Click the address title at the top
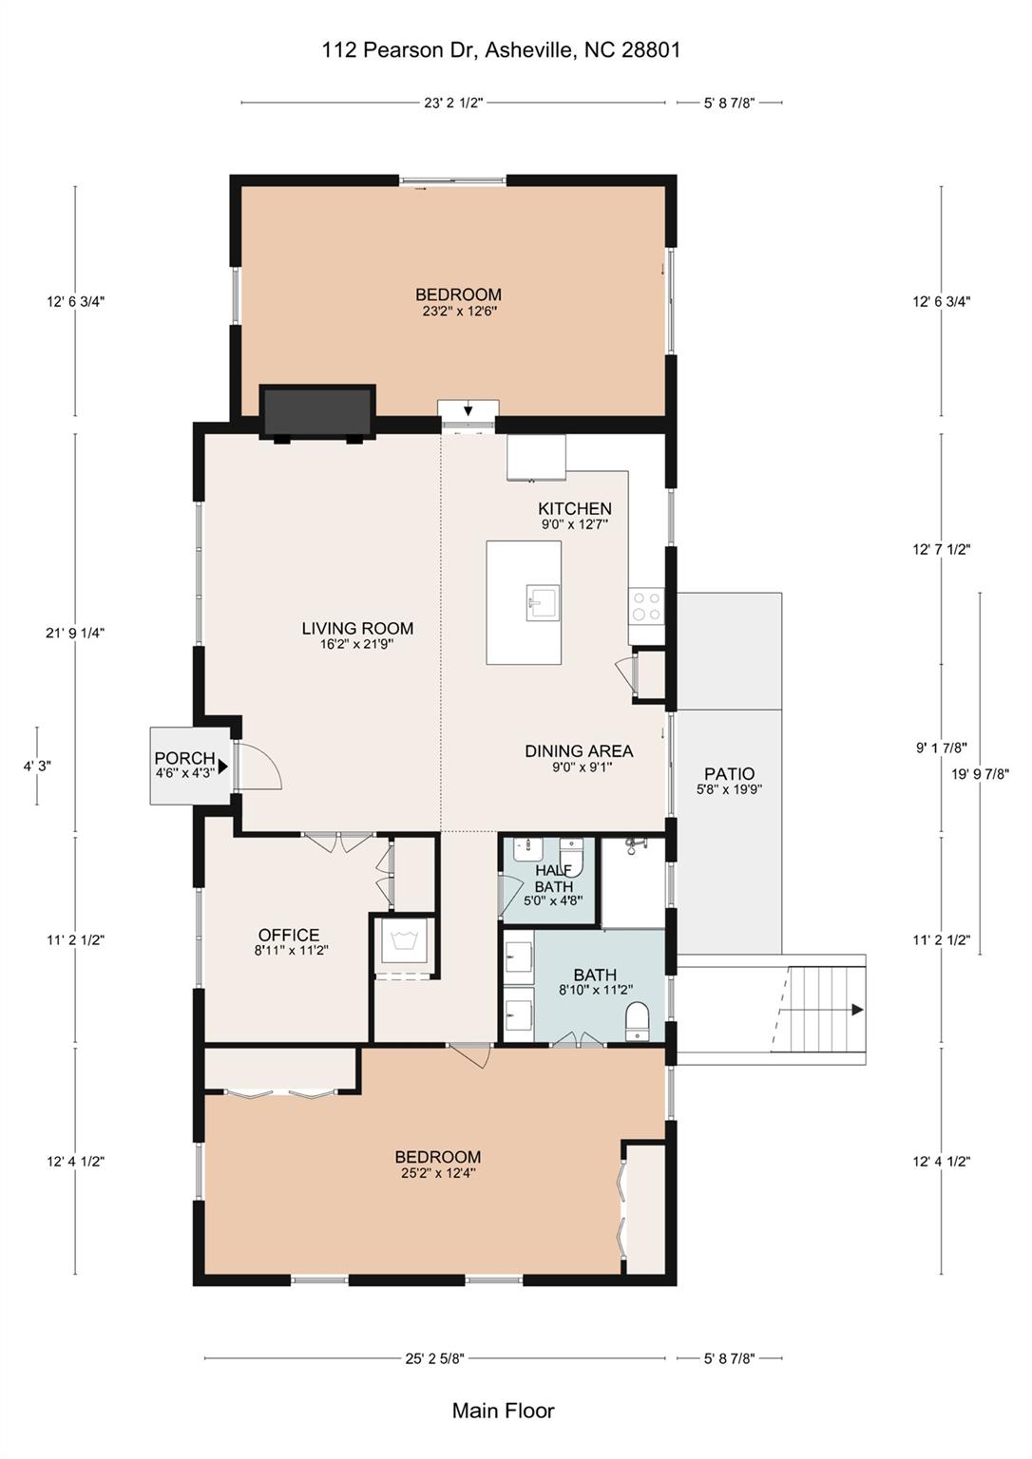pyautogui.click(x=501, y=50)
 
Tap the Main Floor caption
pyautogui.click(x=503, y=1411)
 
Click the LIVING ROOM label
pyautogui.click(x=357, y=628)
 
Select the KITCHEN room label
pyautogui.click(x=575, y=509)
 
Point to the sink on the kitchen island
pyautogui.click(x=543, y=603)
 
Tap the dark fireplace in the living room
pyautogui.click(x=318, y=411)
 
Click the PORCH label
pyautogui.click(x=184, y=758)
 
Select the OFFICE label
pyautogui.click(x=289, y=936)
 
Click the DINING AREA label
pyautogui.click(x=579, y=751)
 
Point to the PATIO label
pyautogui.click(x=730, y=774)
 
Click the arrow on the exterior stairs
pyautogui.click(x=856, y=1010)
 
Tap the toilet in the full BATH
pyautogui.click(x=638, y=1024)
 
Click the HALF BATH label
pyautogui.click(x=553, y=879)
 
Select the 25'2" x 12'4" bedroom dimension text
pyautogui.click(x=438, y=1173)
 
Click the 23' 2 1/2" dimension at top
pyautogui.click(x=453, y=103)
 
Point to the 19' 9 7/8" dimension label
pyautogui.click(x=980, y=773)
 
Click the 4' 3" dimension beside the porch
pyautogui.click(x=37, y=766)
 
